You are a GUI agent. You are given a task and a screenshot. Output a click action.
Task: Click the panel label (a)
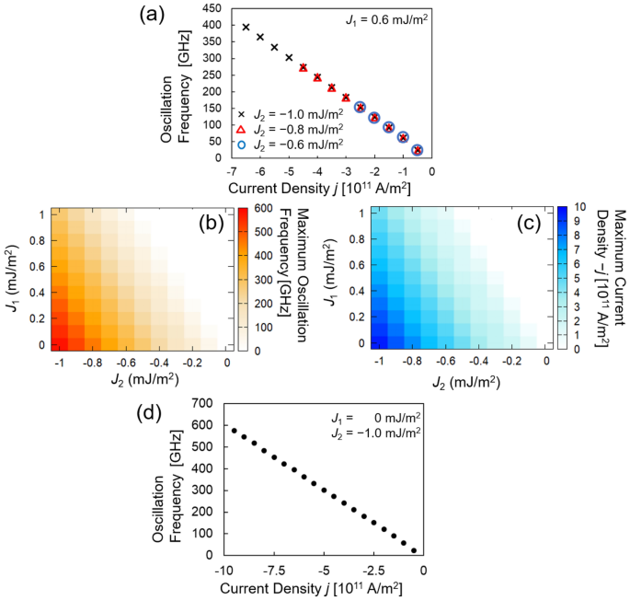pyautogui.click(x=153, y=15)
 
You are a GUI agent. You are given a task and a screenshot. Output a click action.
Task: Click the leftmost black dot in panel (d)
pyautogui.click(x=234, y=430)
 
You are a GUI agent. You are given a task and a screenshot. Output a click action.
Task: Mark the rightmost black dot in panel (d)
pyautogui.click(x=414, y=550)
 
